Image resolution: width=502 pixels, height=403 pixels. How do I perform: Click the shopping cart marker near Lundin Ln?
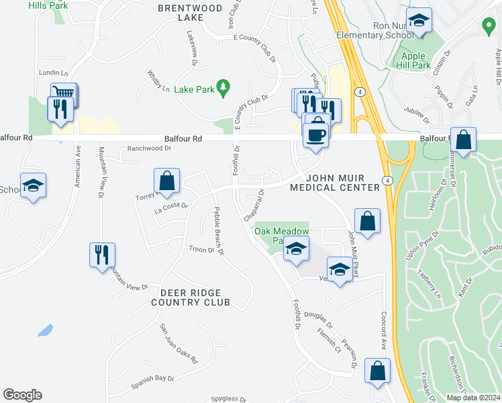point(64,93)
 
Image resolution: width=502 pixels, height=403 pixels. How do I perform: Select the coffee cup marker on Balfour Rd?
point(316,134)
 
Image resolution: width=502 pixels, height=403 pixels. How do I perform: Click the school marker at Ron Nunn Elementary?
point(419,24)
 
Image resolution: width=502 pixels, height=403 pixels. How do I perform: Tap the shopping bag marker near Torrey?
point(166,181)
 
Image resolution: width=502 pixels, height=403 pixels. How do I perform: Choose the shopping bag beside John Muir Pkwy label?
point(367,221)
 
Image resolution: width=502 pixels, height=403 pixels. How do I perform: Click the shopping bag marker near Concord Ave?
point(378,371)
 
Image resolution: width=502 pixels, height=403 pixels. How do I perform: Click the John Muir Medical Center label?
point(335,181)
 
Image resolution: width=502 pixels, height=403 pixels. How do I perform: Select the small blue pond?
point(46,330)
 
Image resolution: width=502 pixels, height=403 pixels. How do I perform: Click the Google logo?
point(22,395)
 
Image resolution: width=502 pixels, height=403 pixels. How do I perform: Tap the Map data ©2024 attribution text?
point(473,398)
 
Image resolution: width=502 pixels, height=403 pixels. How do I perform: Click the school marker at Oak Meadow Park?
point(295,249)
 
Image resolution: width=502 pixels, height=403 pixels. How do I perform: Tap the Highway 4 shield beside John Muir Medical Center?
point(387,180)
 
